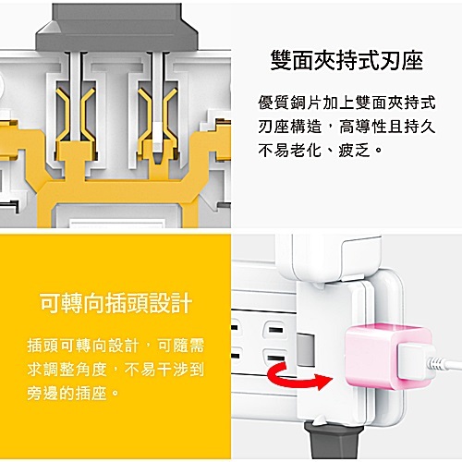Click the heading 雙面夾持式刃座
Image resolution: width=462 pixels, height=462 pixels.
pyautogui.click(x=346, y=62)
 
